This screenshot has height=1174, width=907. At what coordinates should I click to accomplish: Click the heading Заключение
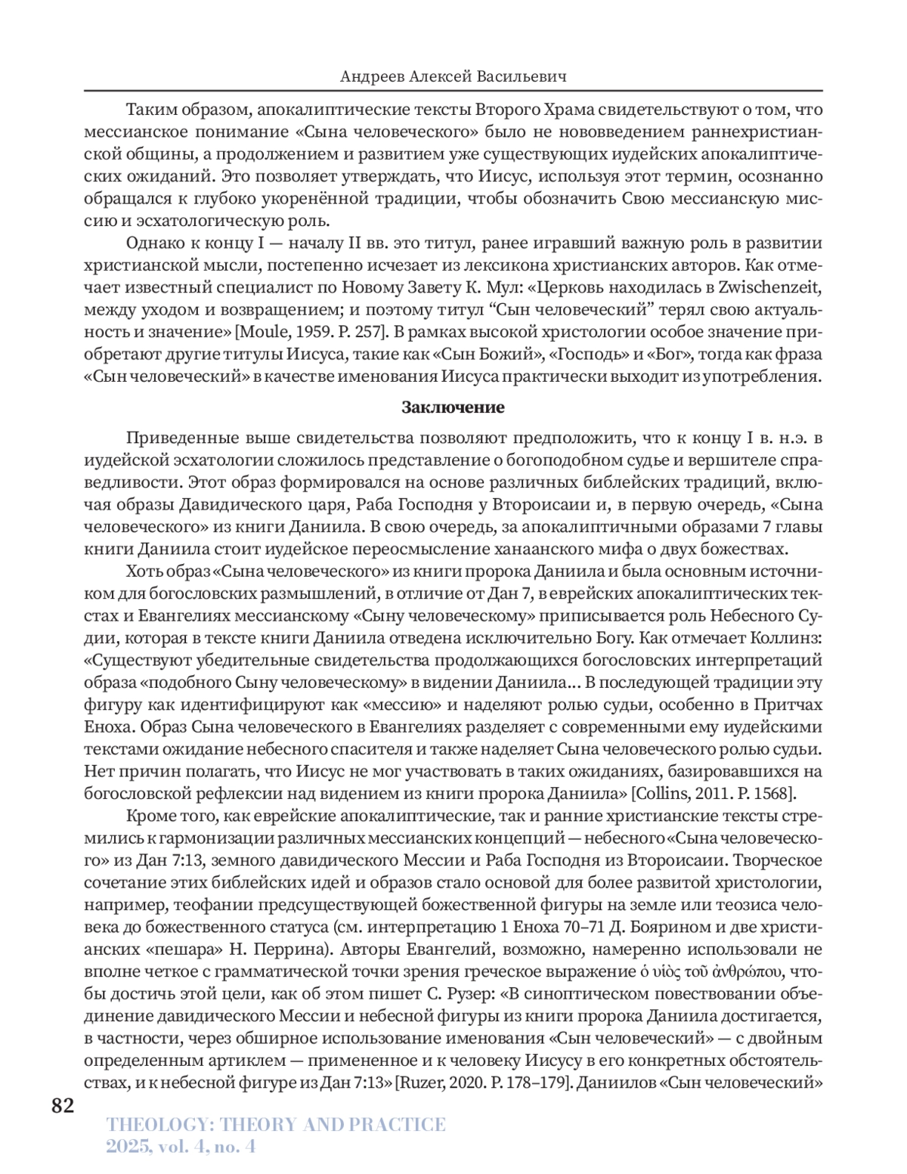[x=453, y=407]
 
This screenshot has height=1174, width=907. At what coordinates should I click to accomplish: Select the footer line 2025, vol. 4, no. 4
[x=181, y=1147]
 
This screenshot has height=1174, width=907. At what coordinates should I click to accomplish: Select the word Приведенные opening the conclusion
[x=179, y=438]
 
